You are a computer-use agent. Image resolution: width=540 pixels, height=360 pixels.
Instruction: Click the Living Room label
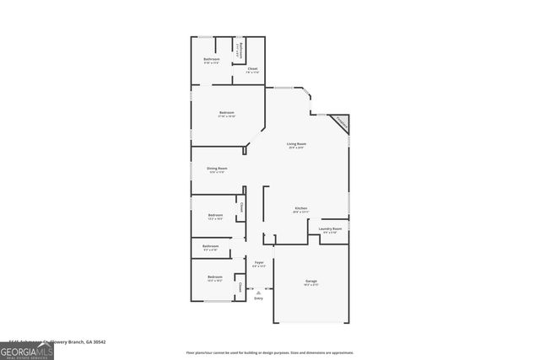[296, 144]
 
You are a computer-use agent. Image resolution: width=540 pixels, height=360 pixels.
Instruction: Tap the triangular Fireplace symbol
[340, 123]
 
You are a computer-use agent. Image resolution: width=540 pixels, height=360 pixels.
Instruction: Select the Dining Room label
[216, 169]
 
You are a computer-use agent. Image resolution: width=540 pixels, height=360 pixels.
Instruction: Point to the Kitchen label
[300, 208]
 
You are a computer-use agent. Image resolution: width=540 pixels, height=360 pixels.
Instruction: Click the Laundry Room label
[331, 229]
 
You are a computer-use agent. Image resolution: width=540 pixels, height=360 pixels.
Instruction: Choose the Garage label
[311, 281]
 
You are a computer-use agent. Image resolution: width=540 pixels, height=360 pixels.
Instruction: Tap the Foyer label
[259, 263]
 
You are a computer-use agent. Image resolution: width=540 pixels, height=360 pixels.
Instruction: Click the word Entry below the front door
[259, 298]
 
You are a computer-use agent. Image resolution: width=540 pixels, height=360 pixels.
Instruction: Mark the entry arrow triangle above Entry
[259, 292]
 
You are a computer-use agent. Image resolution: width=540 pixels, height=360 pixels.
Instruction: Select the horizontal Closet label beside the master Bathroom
[252, 68]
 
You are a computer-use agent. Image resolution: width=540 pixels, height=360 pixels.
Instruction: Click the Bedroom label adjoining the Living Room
[227, 112]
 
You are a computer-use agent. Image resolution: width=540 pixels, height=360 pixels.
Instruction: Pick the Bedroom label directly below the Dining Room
[215, 215]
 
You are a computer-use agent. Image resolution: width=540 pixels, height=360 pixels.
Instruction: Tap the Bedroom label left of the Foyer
[215, 277]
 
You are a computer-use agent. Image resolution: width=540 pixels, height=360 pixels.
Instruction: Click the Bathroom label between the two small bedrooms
[210, 246]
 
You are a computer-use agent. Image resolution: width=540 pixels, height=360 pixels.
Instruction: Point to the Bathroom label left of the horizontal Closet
[212, 59]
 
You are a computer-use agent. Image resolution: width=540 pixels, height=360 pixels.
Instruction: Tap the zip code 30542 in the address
[107, 341]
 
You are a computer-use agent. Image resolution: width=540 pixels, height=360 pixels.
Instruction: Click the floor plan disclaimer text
[270, 352]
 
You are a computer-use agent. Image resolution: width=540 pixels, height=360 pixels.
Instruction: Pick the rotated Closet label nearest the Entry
[240, 288]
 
